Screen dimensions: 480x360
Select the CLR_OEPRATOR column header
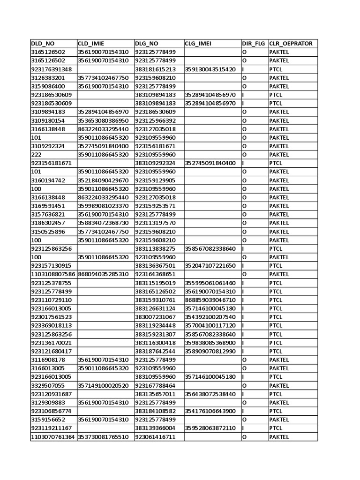(x=291, y=44)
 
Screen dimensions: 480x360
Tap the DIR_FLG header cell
(x=254, y=44)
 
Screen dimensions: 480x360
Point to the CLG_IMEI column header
(x=198, y=44)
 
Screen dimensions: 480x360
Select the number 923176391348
(x=52, y=69)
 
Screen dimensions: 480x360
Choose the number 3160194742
(x=48, y=180)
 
